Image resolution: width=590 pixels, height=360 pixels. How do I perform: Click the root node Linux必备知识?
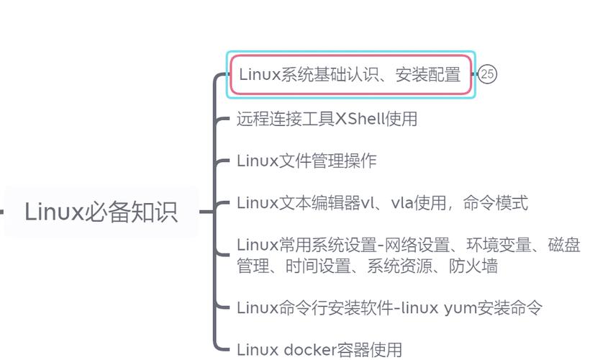click(101, 212)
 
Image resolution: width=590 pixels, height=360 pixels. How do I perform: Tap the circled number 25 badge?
click(488, 74)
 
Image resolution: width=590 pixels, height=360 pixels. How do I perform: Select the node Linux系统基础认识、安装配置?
click(350, 74)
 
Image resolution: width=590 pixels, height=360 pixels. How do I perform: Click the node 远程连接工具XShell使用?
click(327, 119)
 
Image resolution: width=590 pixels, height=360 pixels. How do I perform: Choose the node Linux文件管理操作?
click(307, 161)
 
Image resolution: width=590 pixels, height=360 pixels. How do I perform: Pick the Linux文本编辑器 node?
click(381, 203)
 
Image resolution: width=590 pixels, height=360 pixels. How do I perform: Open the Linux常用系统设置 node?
click(408, 256)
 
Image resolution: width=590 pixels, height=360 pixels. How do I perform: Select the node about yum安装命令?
click(389, 308)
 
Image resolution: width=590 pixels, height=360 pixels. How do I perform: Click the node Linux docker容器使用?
click(319, 350)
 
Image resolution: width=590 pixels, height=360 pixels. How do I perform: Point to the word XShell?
click(360, 119)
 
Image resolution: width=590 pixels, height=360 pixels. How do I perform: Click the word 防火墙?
click(473, 266)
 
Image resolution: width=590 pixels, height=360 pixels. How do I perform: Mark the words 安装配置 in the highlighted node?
click(427, 74)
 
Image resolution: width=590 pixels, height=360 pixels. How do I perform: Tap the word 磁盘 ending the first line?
click(564, 246)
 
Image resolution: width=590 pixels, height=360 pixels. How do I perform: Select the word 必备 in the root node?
click(109, 212)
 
